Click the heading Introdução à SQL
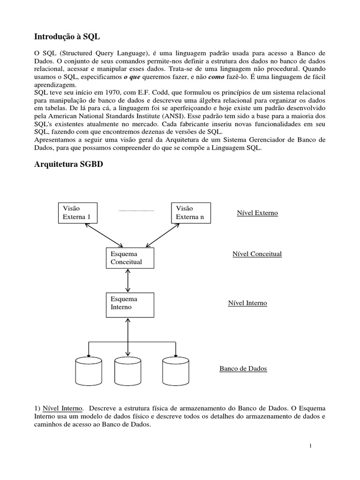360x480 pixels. [x=67, y=36]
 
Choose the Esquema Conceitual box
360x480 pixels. [x=130, y=258]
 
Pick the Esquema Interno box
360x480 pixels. [x=130, y=303]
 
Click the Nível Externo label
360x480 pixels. [x=257, y=213]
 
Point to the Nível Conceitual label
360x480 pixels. [x=257, y=254]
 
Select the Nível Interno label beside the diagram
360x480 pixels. [x=247, y=303]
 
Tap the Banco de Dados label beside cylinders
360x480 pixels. [x=243, y=368]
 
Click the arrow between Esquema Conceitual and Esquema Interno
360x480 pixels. [x=128, y=280]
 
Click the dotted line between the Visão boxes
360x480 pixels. [x=136, y=211]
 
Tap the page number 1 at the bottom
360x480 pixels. [x=310, y=445]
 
